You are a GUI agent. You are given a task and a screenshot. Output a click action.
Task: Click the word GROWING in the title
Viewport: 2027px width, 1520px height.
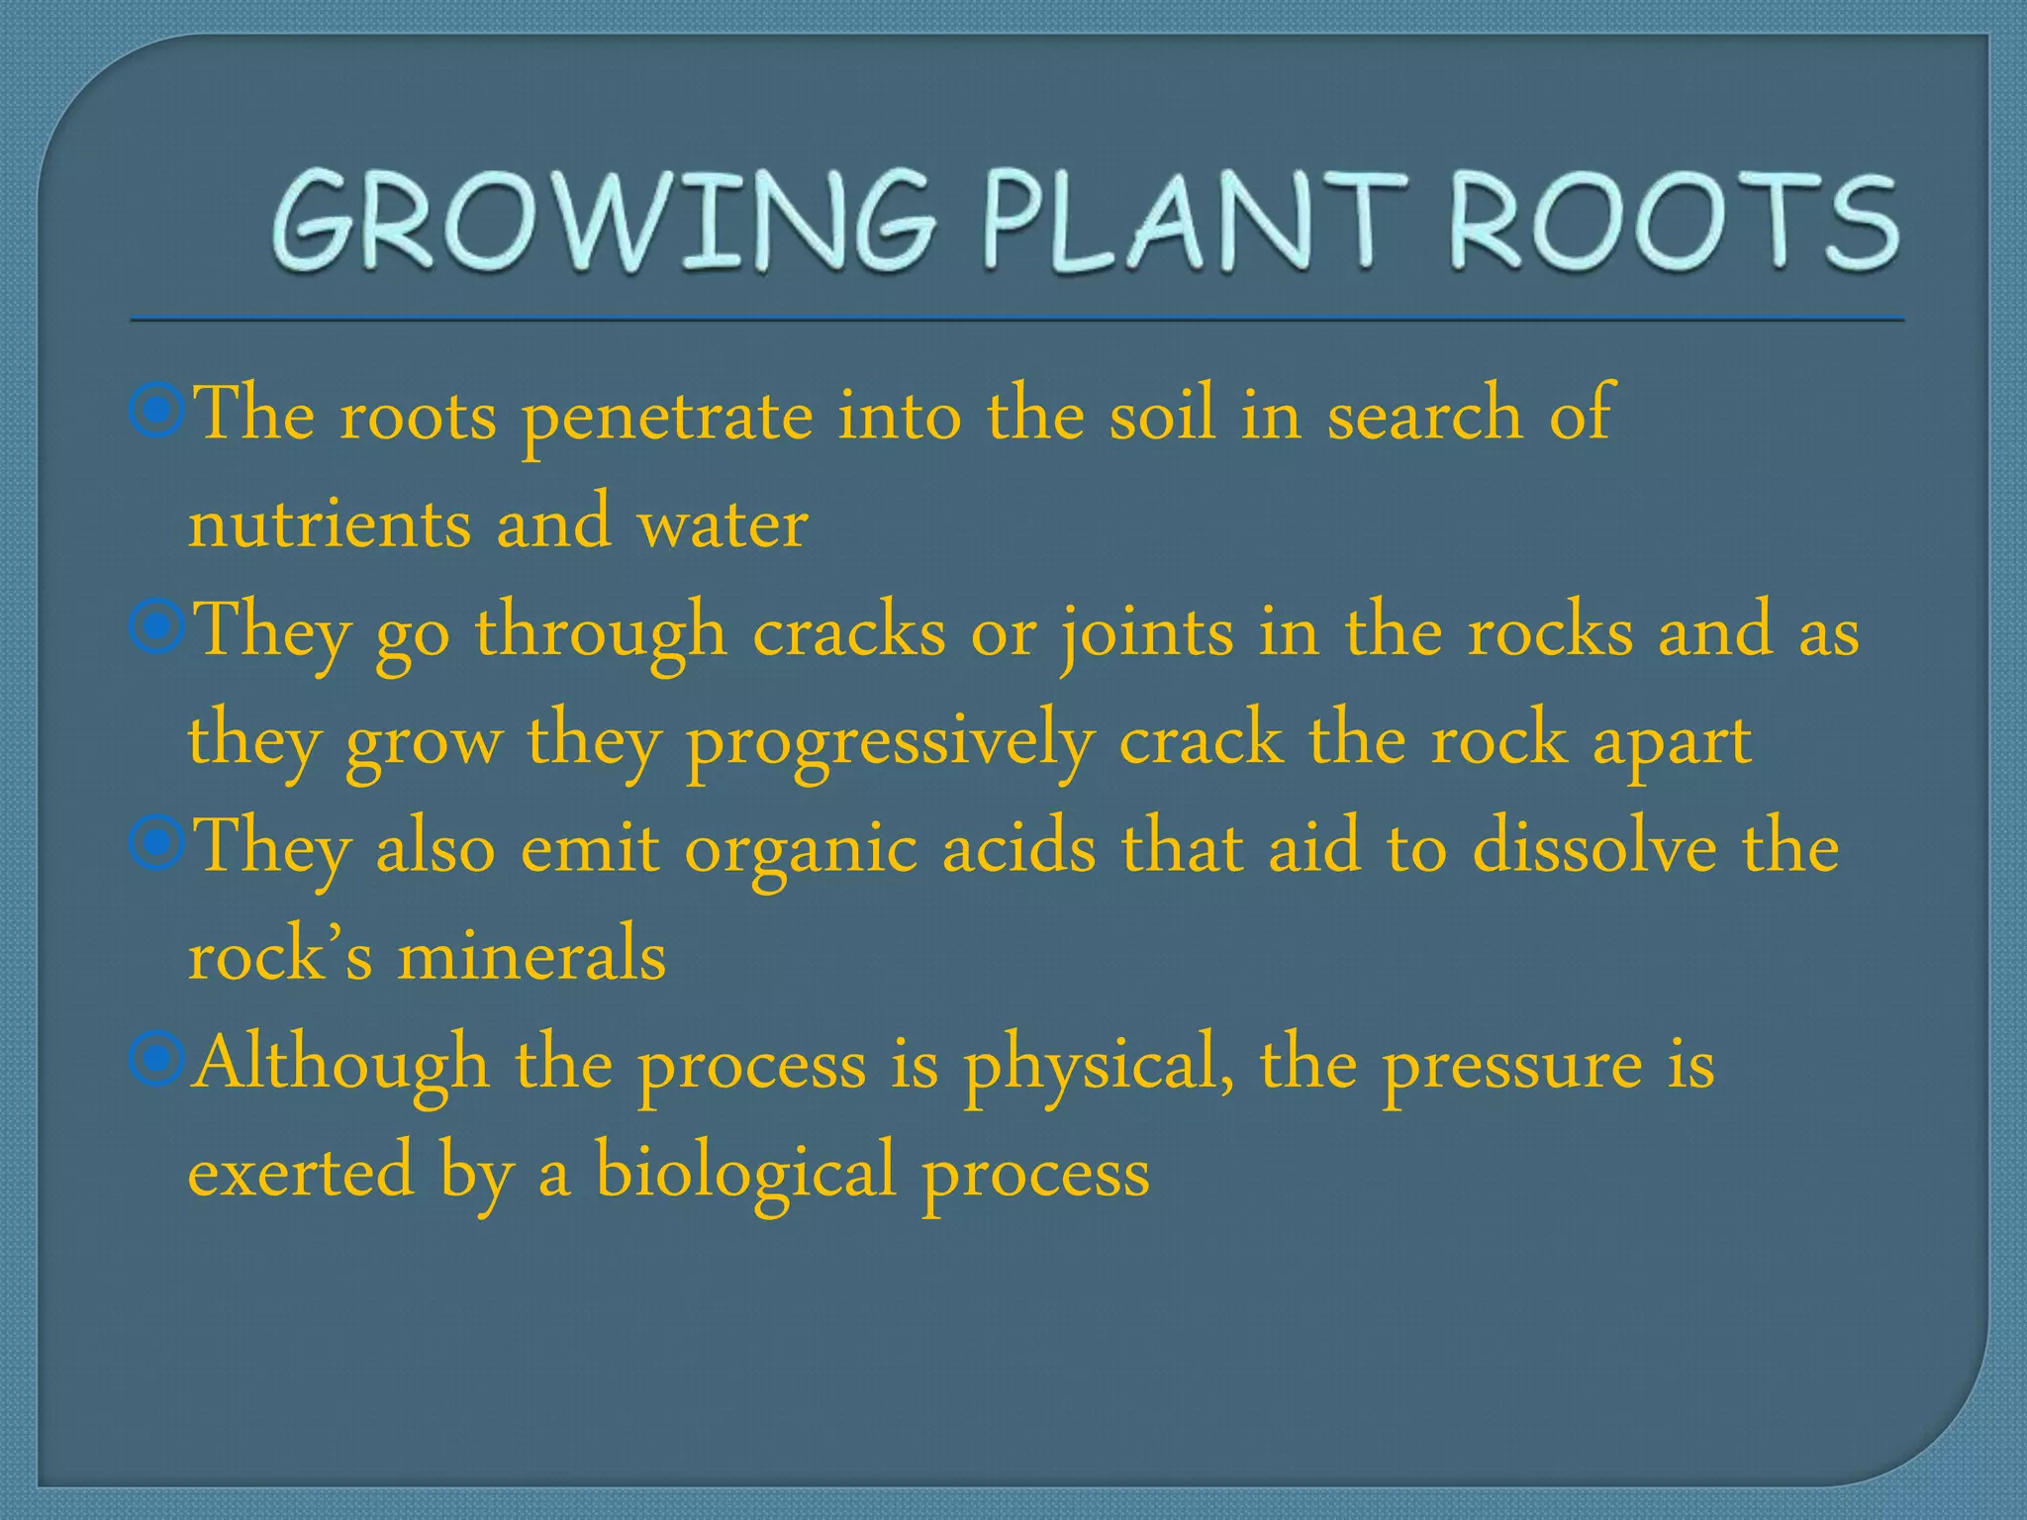click(x=604, y=220)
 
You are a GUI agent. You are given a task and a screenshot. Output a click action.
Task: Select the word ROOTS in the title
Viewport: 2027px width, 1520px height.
click(x=1673, y=220)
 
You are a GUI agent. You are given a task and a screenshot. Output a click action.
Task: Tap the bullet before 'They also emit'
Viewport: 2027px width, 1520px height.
click(x=156, y=845)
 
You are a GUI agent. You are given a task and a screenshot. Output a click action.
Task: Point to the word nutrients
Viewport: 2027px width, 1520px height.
click(x=330, y=524)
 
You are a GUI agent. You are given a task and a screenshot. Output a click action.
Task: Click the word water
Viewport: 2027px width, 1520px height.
click(x=723, y=524)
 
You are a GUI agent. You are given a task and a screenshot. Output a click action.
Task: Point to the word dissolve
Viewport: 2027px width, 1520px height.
click(x=1593, y=849)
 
